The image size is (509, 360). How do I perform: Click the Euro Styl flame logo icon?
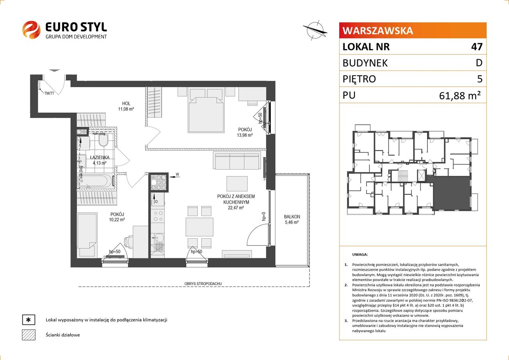pos(31,30)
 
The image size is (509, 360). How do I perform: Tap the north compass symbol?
pos(315,30)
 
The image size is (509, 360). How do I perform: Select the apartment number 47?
pos(477,46)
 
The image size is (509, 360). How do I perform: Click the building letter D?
pos(479,63)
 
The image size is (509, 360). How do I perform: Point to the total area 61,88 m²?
pos(460,96)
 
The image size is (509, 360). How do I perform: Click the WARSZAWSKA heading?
pos(378,31)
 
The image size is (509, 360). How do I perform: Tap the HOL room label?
pos(126,104)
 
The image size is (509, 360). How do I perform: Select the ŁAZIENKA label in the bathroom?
pos(100,157)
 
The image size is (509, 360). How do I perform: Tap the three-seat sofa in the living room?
pos(237,161)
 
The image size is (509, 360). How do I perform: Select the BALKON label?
pos(292,217)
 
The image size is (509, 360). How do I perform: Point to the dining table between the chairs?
pos(199,227)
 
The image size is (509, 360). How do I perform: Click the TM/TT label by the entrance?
pos(49,93)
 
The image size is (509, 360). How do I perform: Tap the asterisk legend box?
pos(29,320)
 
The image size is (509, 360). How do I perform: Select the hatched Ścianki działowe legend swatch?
pos(29,335)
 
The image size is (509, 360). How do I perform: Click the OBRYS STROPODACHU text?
pos(203,284)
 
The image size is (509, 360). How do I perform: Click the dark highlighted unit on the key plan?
pos(451,194)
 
